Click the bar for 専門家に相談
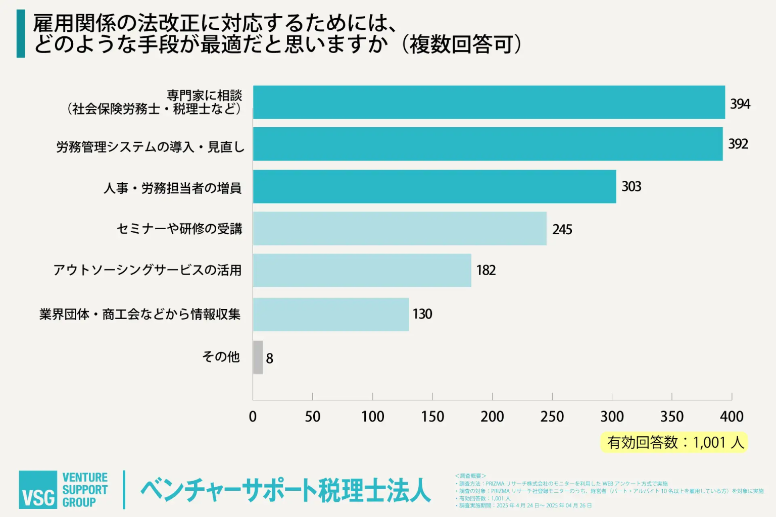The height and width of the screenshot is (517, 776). [x=489, y=102]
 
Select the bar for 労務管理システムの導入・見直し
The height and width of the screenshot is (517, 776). [x=488, y=144]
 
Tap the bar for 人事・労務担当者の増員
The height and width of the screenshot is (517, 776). [x=434, y=186]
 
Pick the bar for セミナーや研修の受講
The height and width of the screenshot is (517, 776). [x=400, y=229]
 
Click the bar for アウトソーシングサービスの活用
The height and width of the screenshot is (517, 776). [x=362, y=271]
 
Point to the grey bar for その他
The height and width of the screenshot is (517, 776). [x=258, y=357]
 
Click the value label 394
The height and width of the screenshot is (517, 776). [x=740, y=104]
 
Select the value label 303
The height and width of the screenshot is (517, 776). [x=631, y=187]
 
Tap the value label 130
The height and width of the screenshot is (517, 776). [x=422, y=314]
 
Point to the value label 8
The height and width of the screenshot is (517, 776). [x=269, y=358]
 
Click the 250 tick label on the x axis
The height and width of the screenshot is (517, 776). [x=552, y=417]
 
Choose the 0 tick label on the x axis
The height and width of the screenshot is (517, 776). [x=253, y=417]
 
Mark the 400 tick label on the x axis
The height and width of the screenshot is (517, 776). [x=732, y=417]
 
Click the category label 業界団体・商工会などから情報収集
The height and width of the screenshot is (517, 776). [x=140, y=314]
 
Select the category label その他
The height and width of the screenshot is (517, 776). [x=221, y=357]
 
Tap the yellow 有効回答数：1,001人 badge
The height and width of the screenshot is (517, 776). [x=674, y=443]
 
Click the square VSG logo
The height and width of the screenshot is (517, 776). [x=38, y=490]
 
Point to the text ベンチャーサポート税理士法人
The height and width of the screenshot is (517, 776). [x=285, y=490]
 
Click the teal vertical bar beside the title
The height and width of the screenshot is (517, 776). [x=21, y=34]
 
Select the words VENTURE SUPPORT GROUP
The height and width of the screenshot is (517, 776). [x=85, y=490]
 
